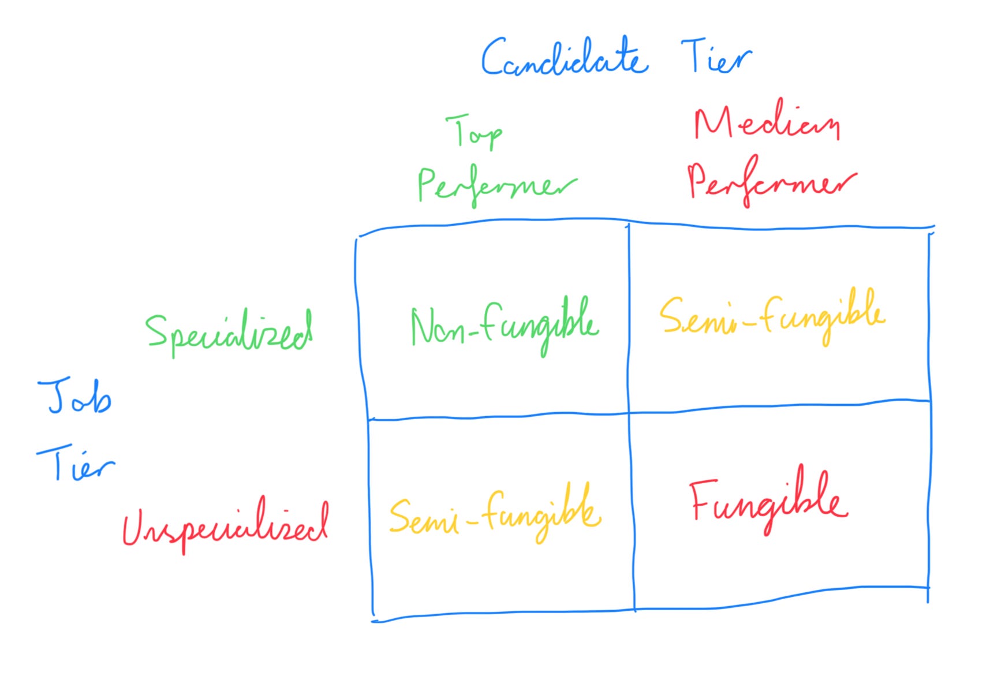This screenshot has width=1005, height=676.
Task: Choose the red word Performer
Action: (771, 182)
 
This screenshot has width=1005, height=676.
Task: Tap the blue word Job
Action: (75, 397)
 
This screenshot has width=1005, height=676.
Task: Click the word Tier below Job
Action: (75, 463)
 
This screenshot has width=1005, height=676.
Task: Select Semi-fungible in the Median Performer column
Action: (772, 318)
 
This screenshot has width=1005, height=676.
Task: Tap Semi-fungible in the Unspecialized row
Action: (495, 514)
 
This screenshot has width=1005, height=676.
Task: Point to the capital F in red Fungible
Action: (703, 499)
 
